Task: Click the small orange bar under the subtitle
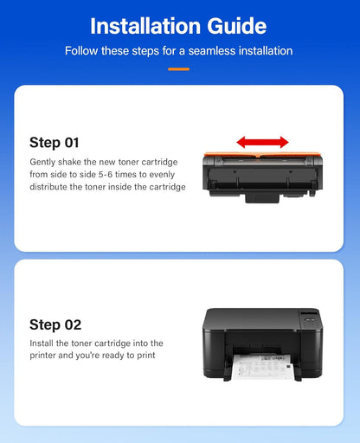pos(179,68)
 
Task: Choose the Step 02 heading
pos(55,324)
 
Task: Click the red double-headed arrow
pos(263,141)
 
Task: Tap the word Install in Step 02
pos(42,343)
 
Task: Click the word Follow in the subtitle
pos(82,51)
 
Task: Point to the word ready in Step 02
pos(123,355)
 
